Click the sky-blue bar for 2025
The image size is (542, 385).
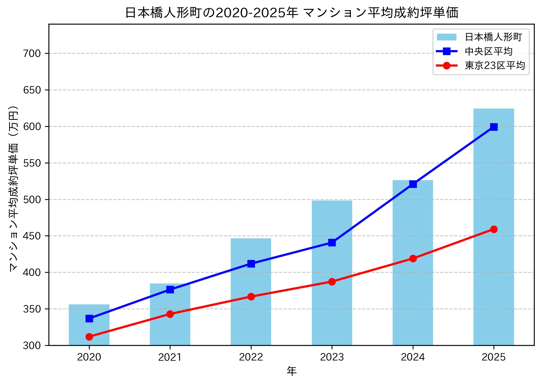click(494, 235)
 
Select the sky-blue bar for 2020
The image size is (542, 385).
click(89, 329)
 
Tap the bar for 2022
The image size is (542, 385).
click(251, 300)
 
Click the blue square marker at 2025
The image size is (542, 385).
click(494, 127)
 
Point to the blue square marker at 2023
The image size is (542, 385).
click(332, 243)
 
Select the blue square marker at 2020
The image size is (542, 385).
click(89, 319)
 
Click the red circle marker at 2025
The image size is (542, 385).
click(494, 229)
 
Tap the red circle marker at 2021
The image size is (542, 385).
click(170, 314)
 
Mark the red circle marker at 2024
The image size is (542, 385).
click(413, 259)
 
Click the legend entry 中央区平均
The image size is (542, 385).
click(489, 51)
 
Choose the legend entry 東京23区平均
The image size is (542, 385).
click(495, 66)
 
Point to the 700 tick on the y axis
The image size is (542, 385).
click(32, 54)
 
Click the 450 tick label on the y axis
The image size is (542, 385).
click(32, 236)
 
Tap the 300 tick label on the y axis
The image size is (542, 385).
click(32, 346)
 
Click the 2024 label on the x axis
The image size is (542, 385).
click(413, 357)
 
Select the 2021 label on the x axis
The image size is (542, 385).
click(170, 357)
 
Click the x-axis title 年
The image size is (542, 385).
click(291, 371)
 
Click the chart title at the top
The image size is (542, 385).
click(291, 13)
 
